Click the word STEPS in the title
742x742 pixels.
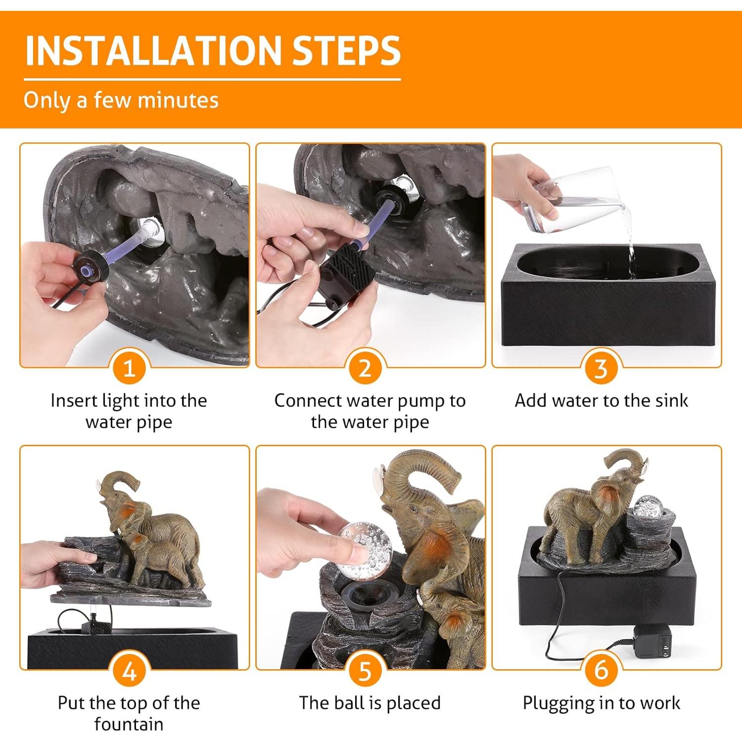click(x=346, y=50)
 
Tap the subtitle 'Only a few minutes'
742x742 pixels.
click(x=121, y=100)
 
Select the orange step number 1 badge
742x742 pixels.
click(x=129, y=369)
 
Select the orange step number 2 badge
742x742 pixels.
click(x=365, y=369)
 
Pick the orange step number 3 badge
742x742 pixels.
click(x=601, y=369)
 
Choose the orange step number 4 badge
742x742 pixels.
click(x=129, y=671)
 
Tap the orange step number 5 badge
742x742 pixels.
click(x=365, y=671)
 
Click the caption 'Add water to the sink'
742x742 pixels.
click(x=601, y=400)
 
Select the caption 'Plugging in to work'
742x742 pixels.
click(x=601, y=703)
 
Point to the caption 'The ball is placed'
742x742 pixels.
click(x=370, y=703)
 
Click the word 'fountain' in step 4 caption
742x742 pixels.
click(x=129, y=724)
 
